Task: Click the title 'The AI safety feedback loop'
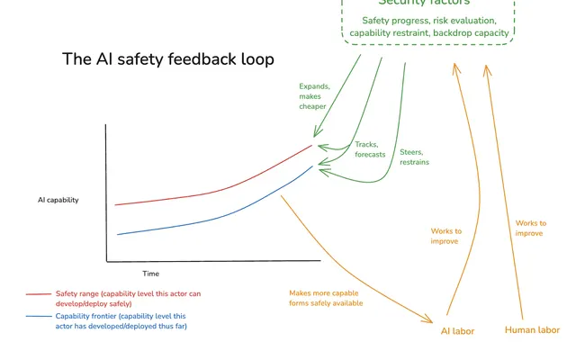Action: (x=168, y=59)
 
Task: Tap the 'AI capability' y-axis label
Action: (x=58, y=200)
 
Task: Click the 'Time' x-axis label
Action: (x=150, y=274)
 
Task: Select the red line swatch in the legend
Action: (x=39, y=294)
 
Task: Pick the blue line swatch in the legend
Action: (x=39, y=316)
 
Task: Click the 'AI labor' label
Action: (x=457, y=331)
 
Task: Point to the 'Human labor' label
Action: (x=532, y=330)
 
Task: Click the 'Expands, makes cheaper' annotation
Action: (x=314, y=96)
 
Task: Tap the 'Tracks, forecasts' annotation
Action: (x=370, y=149)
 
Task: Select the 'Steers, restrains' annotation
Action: (x=414, y=157)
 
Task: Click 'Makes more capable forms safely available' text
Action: (x=326, y=298)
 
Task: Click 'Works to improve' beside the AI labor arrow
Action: (x=446, y=236)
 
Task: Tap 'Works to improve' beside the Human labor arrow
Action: (x=530, y=228)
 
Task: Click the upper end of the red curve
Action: (x=312, y=146)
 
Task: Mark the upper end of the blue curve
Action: (x=312, y=166)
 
